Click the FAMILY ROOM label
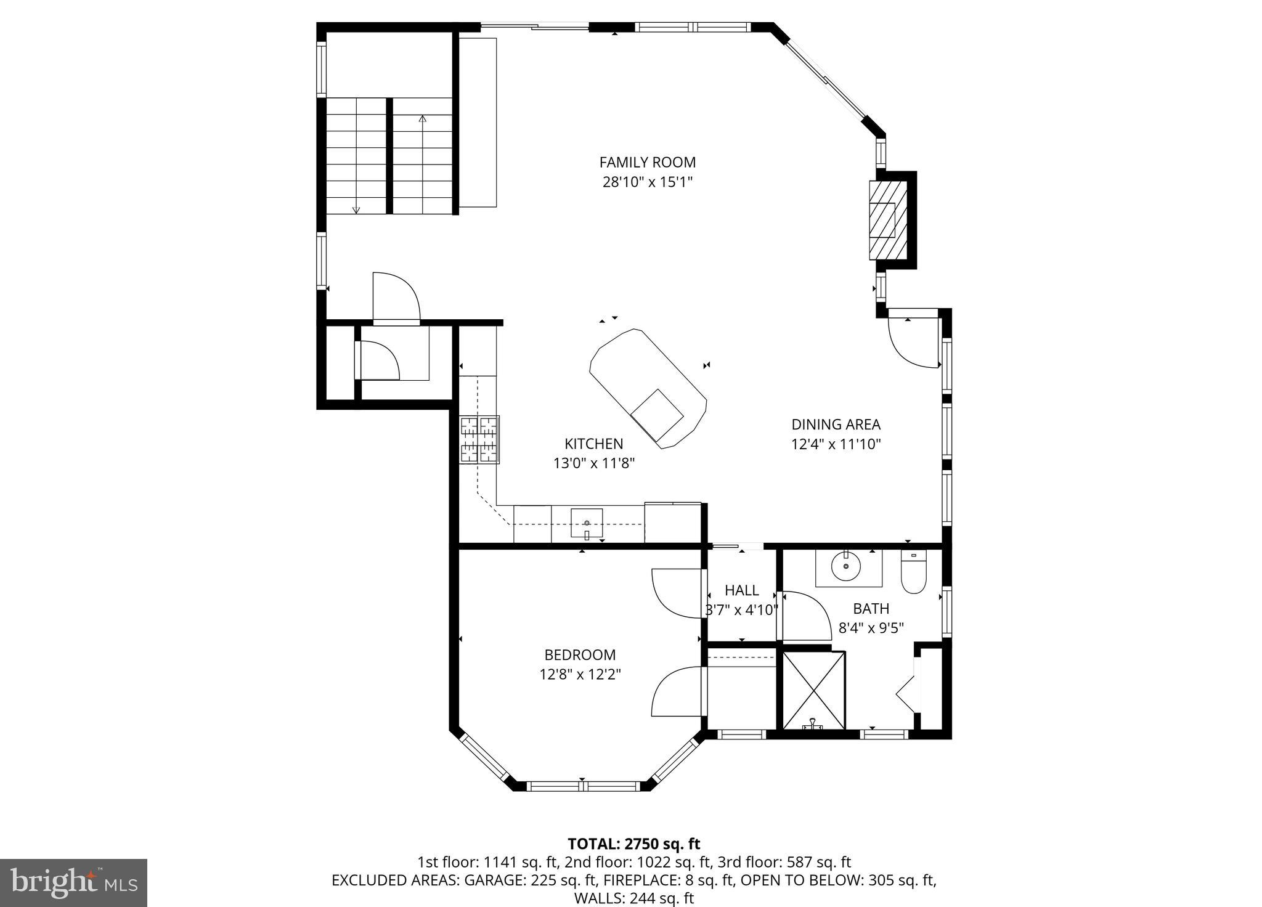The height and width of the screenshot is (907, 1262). (x=647, y=162)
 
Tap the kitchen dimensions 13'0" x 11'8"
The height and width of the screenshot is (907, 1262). (x=593, y=463)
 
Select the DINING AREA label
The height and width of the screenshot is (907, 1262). (x=836, y=425)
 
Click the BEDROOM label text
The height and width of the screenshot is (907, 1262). (x=580, y=655)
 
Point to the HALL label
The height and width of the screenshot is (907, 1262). (x=741, y=590)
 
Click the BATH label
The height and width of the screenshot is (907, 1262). (x=871, y=609)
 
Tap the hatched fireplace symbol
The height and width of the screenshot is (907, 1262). (x=887, y=220)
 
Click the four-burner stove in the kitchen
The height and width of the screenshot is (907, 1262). (x=479, y=440)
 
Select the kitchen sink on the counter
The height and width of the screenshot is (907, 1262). (x=586, y=524)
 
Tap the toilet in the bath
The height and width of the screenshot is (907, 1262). (x=913, y=572)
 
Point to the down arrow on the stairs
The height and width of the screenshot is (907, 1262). (x=356, y=209)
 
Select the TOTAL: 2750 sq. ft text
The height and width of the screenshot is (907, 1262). (x=633, y=844)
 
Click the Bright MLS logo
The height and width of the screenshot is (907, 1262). (x=73, y=882)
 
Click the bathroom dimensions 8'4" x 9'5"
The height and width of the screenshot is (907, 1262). (x=871, y=628)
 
